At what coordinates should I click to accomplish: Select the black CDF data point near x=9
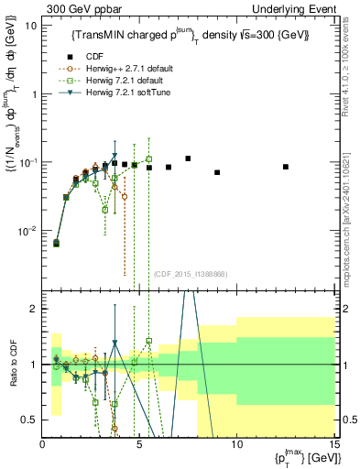[x=217, y=172]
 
